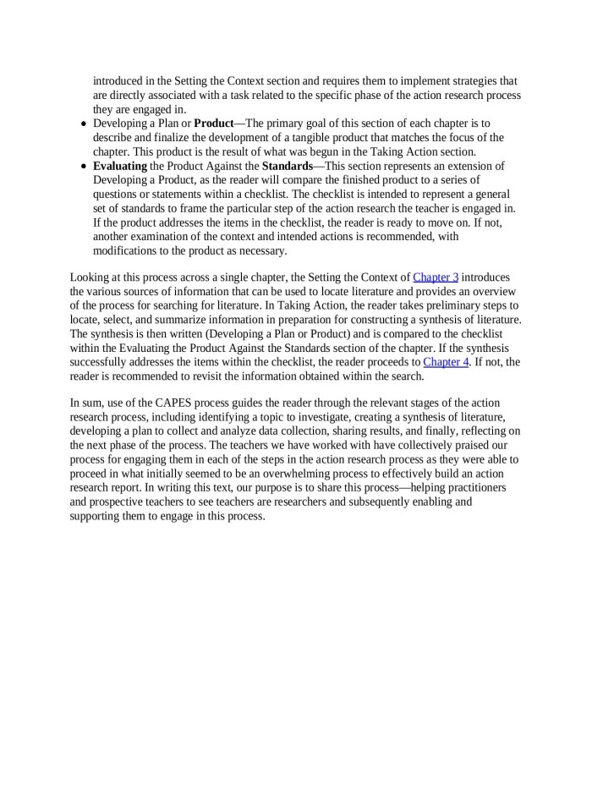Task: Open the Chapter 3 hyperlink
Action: pos(436,277)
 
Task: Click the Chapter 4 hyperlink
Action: pos(445,363)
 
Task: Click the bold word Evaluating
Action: pos(119,167)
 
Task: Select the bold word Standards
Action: pos(287,167)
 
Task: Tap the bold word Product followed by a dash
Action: pos(213,123)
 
